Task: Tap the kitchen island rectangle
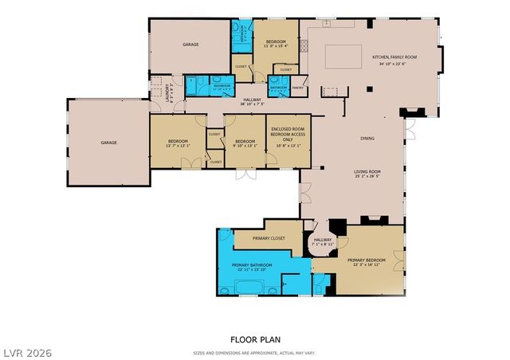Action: pos(343,55)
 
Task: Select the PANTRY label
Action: pos(297,88)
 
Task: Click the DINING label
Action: pos(367,139)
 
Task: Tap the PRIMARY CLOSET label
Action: pos(269,237)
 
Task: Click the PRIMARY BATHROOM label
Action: pos(252,264)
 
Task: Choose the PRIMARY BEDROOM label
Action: pos(367,260)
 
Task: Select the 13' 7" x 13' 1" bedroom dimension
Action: pos(177,145)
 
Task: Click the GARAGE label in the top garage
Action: pos(190,45)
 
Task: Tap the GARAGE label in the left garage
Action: pos(108,143)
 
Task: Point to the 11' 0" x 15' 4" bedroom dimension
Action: pos(275,45)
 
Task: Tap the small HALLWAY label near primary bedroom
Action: pos(323,240)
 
